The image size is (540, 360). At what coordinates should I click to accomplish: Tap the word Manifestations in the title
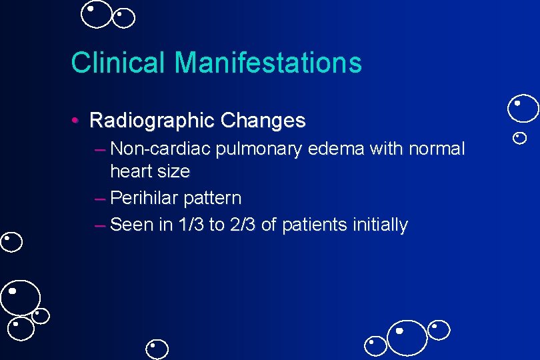[x=268, y=63]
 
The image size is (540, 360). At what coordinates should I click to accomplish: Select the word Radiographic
[x=151, y=121]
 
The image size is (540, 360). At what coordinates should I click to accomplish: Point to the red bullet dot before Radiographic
[x=77, y=121]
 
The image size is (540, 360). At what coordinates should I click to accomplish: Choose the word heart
[x=130, y=171]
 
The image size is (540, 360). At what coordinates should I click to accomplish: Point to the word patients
[x=312, y=225]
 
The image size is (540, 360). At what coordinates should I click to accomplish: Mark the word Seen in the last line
[x=131, y=225]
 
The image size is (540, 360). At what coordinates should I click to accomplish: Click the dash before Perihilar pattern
[x=101, y=199]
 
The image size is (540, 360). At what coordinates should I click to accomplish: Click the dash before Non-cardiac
[x=101, y=149]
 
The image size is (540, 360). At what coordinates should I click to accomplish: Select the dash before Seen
[x=101, y=225]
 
